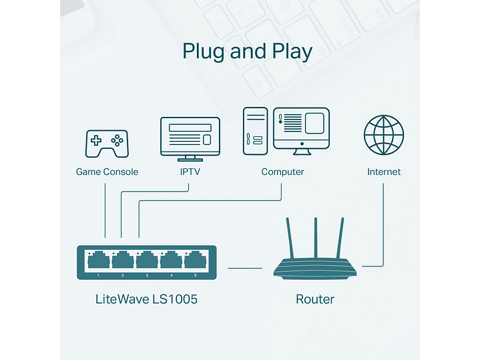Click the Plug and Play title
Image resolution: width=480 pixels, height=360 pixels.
coord(247,51)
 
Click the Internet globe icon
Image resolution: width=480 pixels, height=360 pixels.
coord(384,136)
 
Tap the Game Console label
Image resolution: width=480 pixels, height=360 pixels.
coord(107,172)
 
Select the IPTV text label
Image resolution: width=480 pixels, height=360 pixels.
coord(190,172)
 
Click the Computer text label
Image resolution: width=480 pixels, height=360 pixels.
coord(282,172)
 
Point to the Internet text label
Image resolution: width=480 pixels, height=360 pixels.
coord(384,172)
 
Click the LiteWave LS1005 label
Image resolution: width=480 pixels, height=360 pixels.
coord(146,299)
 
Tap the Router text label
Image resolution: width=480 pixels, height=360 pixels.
coord(315,299)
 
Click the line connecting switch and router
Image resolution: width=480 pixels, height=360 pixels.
coord(245,268)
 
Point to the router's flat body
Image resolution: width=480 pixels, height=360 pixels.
coord(315,271)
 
